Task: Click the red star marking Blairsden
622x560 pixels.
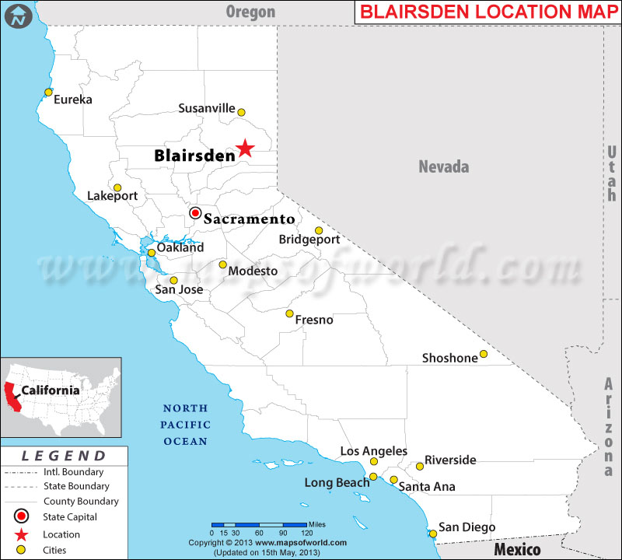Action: (x=245, y=148)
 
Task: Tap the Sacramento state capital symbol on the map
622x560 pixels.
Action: (x=195, y=213)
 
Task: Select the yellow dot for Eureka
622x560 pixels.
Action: (x=48, y=93)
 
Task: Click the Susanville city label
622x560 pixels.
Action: (x=206, y=109)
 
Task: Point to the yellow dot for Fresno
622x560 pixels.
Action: (x=289, y=314)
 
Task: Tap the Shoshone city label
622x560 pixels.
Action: (x=449, y=359)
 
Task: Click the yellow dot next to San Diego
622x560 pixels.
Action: (x=433, y=533)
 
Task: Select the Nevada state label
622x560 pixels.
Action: (x=444, y=166)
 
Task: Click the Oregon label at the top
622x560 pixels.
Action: (x=250, y=12)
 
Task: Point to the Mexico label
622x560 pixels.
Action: (x=517, y=550)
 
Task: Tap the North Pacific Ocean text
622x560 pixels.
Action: (x=185, y=425)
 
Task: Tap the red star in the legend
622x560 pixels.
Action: (x=21, y=534)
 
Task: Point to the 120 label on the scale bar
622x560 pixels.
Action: (x=306, y=532)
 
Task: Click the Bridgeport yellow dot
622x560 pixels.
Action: (x=319, y=230)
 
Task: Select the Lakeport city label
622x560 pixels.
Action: (x=112, y=196)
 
